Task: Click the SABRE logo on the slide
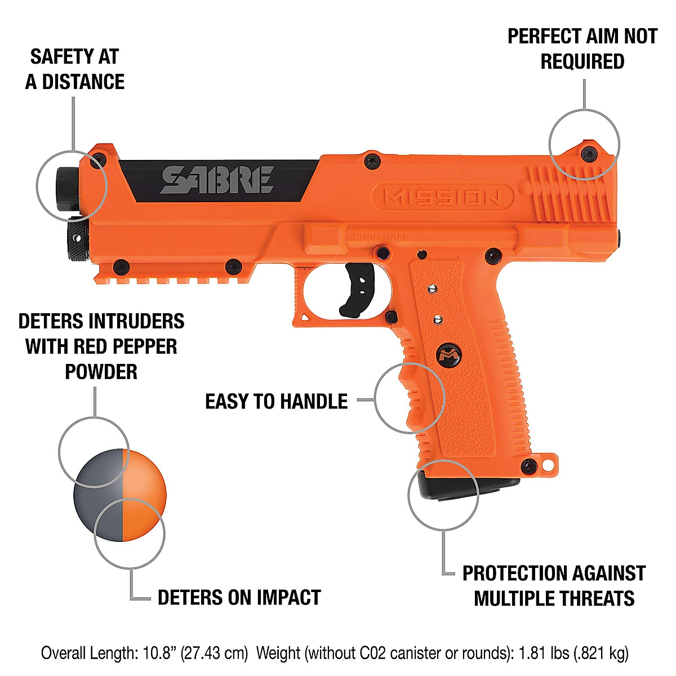217,180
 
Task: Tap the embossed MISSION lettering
442,198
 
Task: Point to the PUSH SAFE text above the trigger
382,237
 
